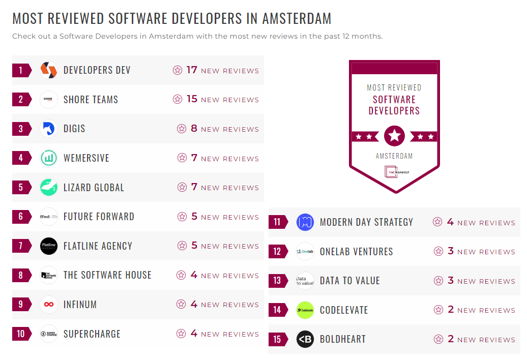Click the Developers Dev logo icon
49,70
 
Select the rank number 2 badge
21,99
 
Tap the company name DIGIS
74,129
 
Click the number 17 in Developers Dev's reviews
191,70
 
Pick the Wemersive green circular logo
49,158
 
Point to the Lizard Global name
94,188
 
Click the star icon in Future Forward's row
182,217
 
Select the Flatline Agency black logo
49,246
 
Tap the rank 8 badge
21,276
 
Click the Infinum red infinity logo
49,305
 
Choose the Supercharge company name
92,334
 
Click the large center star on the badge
395,136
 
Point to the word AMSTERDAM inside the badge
394,156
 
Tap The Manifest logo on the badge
395,172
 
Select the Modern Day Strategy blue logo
305,222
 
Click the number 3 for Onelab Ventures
450,251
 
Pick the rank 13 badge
277,281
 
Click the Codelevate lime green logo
305,310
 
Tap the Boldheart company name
343,339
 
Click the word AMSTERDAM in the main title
297,19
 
